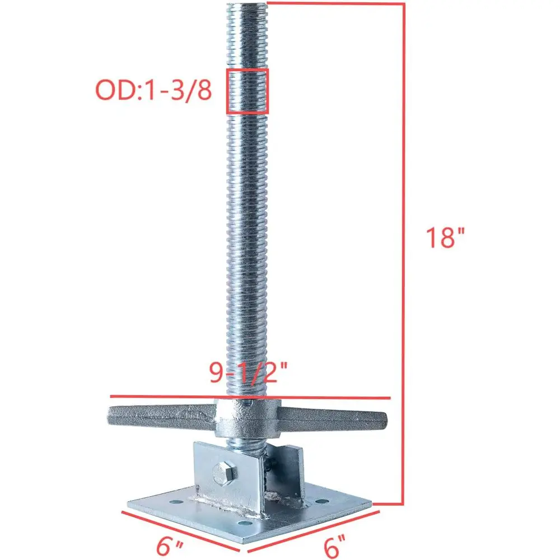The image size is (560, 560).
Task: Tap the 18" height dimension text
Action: [446, 238]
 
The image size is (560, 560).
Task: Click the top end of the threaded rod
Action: [247, 7]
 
